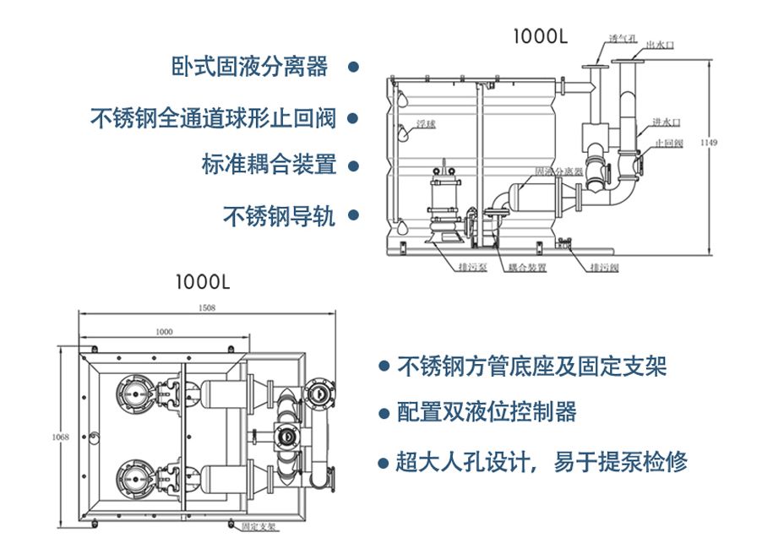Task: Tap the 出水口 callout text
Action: tap(660, 45)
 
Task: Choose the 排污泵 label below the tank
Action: tap(471, 268)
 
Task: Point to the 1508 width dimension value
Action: tap(207, 308)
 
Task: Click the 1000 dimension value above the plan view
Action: tap(164, 332)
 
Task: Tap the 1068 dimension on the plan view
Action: tap(60, 437)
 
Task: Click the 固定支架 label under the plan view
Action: tap(259, 525)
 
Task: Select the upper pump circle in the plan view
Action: tap(133, 392)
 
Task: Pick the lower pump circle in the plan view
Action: tap(133, 479)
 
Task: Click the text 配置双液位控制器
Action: tap(487, 412)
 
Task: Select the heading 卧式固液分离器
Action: tap(249, 67)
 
